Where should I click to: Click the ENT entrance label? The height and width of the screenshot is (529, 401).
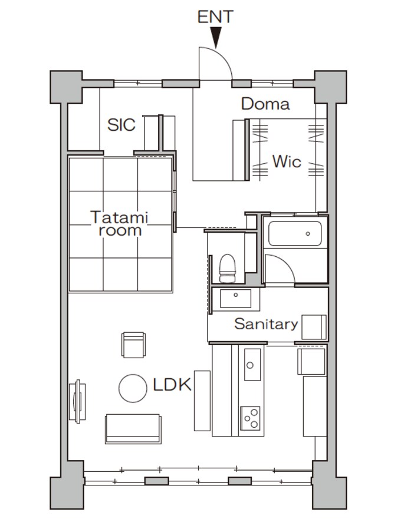pos(215,17)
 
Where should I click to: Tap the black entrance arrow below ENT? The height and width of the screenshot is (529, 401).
pos(215,37)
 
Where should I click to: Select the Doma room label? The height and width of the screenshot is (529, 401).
pos(265,104)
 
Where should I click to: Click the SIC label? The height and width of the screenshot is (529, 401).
pos(121,125)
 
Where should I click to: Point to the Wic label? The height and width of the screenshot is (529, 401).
pos(287,161)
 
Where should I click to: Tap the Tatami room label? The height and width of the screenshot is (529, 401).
pos(120,224)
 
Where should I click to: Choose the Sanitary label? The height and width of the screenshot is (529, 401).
pos(266,324)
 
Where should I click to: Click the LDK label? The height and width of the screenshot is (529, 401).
pos(172,385)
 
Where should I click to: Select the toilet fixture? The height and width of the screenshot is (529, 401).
pos(227,268)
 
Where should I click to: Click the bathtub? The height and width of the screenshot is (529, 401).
pos(295,233)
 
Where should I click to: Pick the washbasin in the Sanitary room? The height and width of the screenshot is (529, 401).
pos(235,298)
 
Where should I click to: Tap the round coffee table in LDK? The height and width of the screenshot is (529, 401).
pos(133,388)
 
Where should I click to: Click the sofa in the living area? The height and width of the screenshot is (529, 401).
pos(133,428)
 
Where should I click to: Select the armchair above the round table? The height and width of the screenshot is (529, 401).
pos(133,345)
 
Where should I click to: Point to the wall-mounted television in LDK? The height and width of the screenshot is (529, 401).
pos(77,402)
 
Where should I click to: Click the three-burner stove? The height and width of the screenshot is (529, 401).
pos(250,418)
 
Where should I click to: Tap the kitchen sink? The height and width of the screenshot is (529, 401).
pos(252,365)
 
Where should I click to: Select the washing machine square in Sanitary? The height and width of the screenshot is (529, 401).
pos(314,327)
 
